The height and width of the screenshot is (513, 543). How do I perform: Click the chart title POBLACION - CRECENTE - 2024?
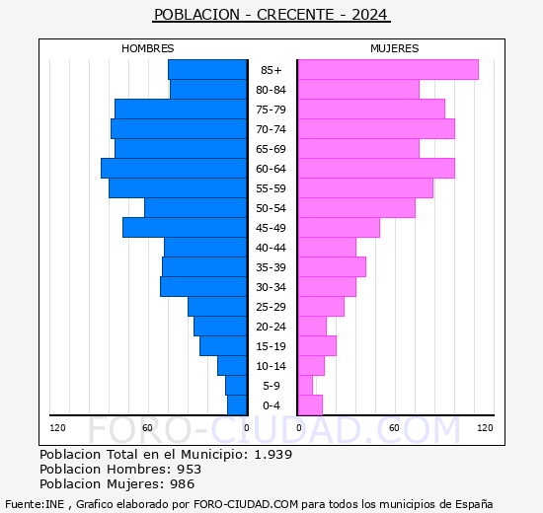coord(271,15)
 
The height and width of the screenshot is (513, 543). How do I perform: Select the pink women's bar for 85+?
coord(387,69)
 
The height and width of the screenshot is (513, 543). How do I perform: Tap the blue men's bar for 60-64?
coord(174,168)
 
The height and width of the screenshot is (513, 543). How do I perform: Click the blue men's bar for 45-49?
coord(185,227)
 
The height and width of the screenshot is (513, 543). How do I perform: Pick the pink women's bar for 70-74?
coord(375,128)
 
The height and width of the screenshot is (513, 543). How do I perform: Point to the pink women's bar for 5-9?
coord(305,385)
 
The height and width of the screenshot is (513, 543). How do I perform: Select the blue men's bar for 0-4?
coord(237,404)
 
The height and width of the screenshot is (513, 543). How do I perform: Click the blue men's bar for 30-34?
coord(203,286)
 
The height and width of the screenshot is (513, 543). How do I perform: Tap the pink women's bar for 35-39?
coord(332,266)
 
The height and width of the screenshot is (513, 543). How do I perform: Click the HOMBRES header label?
coord(148,48)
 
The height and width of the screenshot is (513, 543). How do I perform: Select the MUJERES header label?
coord(394,48)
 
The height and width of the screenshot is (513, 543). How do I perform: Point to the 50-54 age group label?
coord(271,208)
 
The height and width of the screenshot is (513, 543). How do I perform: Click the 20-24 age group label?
coord(271,327)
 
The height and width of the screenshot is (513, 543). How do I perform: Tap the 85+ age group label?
coord(271,70)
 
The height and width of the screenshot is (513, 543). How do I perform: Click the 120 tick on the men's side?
coord(58,427)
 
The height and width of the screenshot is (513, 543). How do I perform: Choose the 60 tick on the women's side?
coord(394,427)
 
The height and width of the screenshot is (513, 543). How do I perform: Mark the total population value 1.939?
coord(272,454)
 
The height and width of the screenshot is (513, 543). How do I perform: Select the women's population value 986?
coord(184,484)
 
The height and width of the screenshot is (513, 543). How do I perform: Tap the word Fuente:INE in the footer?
coord(36,503)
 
